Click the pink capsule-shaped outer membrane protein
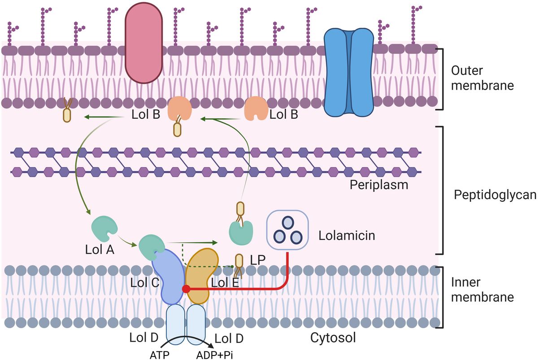point(145,44)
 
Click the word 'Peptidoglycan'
point(495,195)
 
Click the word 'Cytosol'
point(333,338)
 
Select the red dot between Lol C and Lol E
point(185,289)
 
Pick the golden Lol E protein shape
point(202,274)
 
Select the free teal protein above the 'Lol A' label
point(103,228)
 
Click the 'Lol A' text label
point(100,250)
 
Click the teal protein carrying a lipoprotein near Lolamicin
point(241,230)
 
